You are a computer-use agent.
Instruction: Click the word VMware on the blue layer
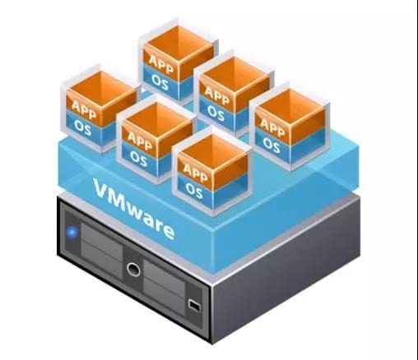coord(134,209)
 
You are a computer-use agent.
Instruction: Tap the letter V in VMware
coord(101,188)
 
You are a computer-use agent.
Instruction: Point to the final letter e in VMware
coord(167,231)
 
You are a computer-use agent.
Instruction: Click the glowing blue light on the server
coord(72,233)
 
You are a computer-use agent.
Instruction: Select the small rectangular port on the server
coord(194,305)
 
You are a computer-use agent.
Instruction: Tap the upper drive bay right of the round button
coord(164,275)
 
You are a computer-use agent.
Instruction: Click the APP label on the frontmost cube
coord(195,173)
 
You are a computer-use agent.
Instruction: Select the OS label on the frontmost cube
coord(194,190)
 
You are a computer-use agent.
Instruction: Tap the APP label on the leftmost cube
coord(84,109)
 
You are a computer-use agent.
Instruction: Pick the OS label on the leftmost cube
coord(82,127)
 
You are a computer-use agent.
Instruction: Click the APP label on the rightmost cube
coord(272,127)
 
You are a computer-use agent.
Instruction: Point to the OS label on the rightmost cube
coord(272,145)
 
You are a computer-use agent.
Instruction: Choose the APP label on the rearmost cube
coord(161,64)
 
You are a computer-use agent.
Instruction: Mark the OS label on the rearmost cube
coord(160,82)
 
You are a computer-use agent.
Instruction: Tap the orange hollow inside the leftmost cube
coord(101,90)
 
